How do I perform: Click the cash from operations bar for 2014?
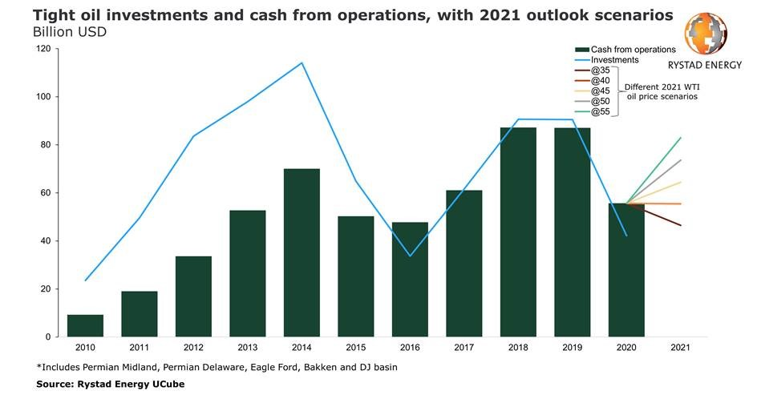click(x=302, y=252)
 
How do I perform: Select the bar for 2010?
click(x=85, y=325)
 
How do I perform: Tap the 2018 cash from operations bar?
click(x=518, y=232)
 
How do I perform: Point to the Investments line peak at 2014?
click(x=302, y=62)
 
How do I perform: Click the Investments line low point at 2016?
click(x=410, y=256)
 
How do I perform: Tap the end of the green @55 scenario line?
click(x=681, y=138)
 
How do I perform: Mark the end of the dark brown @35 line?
click(x=681, y=225)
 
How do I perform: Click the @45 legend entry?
click(x=601, y=91)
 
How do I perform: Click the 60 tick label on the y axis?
click(x=45, y=193)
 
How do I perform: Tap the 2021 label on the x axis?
click(x=681, y=348)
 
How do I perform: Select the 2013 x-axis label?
click(x=247, y=348)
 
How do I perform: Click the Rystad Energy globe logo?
click(x=706, y=34)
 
